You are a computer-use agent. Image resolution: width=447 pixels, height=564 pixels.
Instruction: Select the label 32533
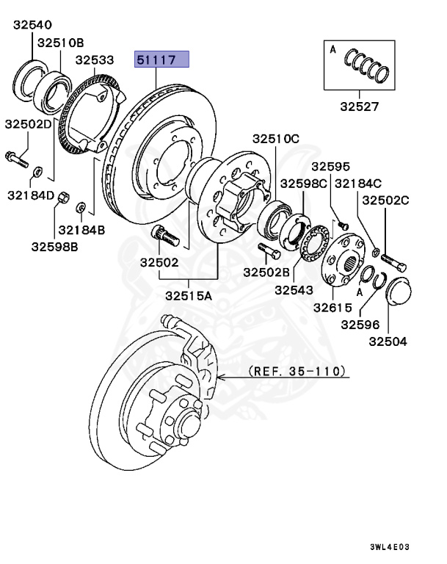click(95, 59)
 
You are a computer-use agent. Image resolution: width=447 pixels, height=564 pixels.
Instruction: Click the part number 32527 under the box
click(359, 106)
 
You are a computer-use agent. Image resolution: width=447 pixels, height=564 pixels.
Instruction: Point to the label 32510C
click(276, 138)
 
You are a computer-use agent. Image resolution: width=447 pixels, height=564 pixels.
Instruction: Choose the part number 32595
click(331, 167)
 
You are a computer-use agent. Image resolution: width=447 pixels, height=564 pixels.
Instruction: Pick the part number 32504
click(388, 341)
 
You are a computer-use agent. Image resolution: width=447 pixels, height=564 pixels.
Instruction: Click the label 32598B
click(55, 246)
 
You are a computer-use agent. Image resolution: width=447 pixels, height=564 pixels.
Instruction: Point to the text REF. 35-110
click(297, 372)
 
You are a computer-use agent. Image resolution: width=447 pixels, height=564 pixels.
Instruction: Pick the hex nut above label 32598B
click(63, 197)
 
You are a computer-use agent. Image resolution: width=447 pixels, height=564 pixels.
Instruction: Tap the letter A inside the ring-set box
click(332, 50)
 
